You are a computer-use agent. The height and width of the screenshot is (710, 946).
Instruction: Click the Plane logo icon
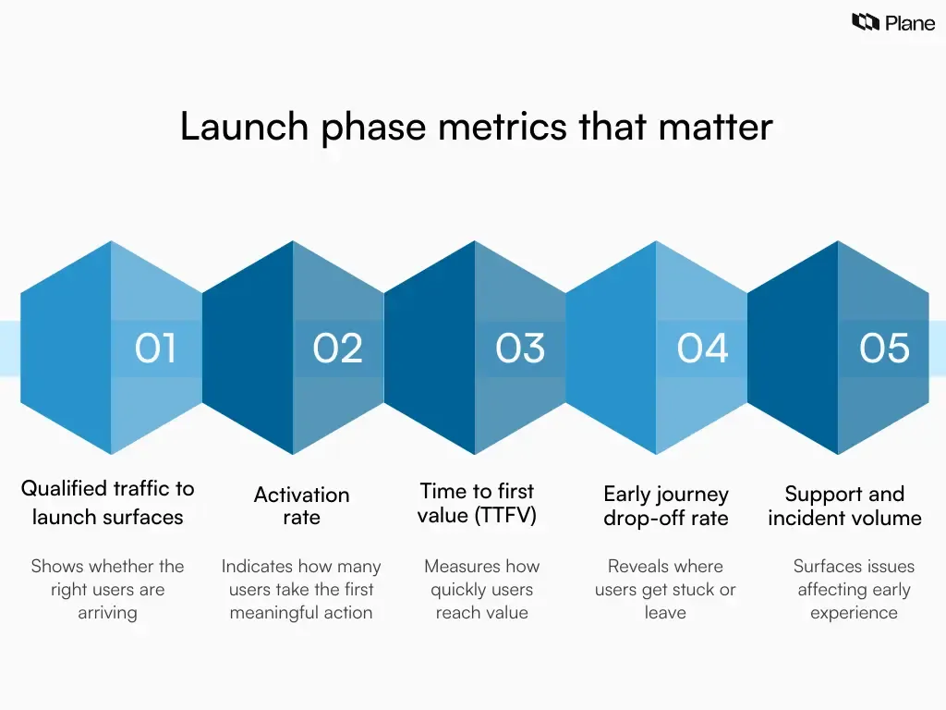click(x=865, y=22)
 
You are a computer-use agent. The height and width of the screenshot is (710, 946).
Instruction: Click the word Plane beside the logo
click(x=909, y=23)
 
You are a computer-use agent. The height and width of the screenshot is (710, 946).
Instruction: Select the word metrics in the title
click(x=502, y=127)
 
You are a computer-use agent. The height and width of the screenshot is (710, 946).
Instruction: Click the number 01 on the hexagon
click(x=155, y=349)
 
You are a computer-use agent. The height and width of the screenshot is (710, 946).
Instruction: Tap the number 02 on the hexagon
click(x=337, y=349)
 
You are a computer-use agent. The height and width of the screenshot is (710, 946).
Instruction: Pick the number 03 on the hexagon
click(x=520, y=349)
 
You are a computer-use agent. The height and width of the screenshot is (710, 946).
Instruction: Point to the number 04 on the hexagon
click(x=702, y=349)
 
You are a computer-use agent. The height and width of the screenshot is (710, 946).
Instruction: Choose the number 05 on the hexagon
click(x=884, y=349)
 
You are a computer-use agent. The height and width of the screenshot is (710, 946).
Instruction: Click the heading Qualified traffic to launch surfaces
click(x=108, y=502)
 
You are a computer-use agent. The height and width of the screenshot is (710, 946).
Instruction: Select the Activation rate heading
click(x=301, y=506)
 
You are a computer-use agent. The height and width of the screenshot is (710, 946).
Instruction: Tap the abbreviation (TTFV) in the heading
click(x=504, y=516)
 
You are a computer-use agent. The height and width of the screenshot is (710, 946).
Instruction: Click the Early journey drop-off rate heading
click(x=666, y=506)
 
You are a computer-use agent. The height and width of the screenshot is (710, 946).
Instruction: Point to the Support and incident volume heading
click(x=844, y=506)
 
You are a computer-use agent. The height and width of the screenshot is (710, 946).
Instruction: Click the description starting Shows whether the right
click(x=107, y=589)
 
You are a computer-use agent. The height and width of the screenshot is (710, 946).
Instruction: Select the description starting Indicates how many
click(x=301, y=589)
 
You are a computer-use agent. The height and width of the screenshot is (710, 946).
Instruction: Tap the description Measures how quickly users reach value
click(x=481, y=589)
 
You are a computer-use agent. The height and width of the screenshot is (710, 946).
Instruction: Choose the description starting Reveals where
click(x=665, y=589)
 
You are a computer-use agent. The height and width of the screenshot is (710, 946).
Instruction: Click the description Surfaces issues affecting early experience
click(x=854, y=589)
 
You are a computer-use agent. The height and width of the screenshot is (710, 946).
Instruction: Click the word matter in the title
click(x=715, y=127)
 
